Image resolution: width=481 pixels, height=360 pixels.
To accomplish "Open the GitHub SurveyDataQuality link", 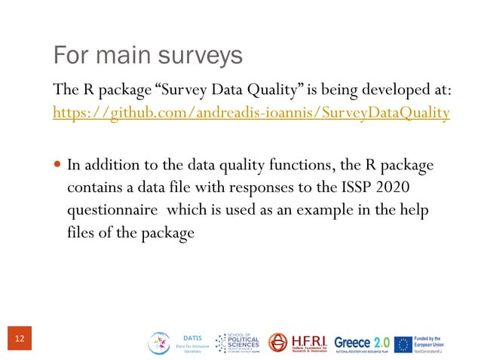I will [251, 113].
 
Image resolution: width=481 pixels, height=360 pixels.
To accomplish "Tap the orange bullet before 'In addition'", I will [59, 165].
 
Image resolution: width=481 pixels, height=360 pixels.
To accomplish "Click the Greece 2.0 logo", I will [362, 343].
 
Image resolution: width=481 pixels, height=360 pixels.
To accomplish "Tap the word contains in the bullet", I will [93, 186].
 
